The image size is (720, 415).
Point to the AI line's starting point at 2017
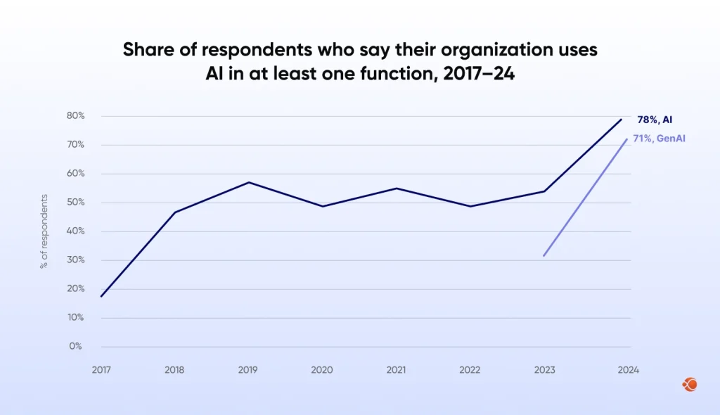pyautogui.click(x=101, y=296)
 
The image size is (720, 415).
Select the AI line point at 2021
pyautogui.click(x=397, y=189)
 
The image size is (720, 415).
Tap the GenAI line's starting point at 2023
pyautogui.click(x=544, y=255)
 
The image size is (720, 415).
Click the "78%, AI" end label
pyautogui.click(x=660, y=120)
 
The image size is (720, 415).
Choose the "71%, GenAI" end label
pyautogui.click(x=659, y=139)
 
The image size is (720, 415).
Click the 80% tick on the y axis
pyautogui.click(x=76, y=116)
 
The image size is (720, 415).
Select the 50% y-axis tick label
pyautogui.click(x=76, y=203)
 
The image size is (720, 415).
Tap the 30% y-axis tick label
pyautogui.click(x=76, y=260)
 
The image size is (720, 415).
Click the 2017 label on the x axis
pyautogui.click(x=101, y=370)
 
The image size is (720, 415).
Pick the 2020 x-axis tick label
pyautogui.click(x=323, y=370)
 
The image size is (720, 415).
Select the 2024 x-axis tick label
pyautogui.click(x=628, y=370)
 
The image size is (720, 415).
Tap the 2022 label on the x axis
pyautogui.click(x=470, y=370)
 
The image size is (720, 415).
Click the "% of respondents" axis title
pyautogui.click(x=44, y=231)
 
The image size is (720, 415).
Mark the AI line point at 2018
pyautogui.click(x=175, y=212)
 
